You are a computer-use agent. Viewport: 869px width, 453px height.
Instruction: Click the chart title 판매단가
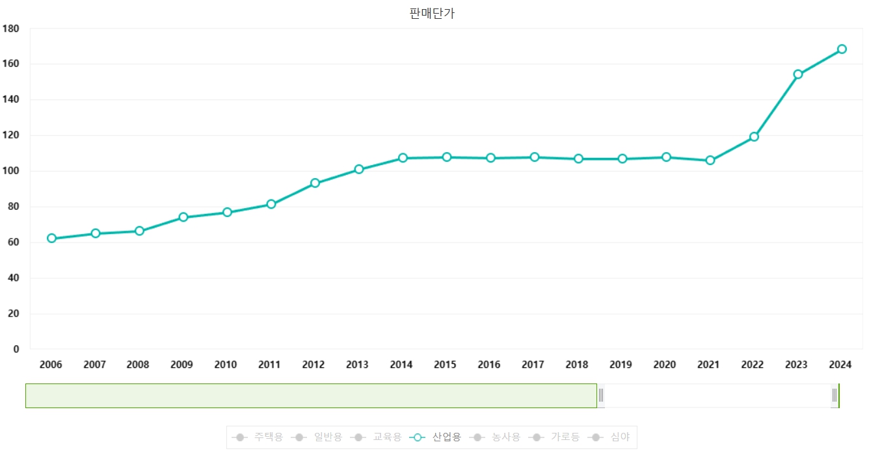[x=432, y=14]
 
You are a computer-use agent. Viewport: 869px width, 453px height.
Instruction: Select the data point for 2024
[x=842, y=49]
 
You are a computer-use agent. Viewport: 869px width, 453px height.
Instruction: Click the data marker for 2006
[x=51, y=239]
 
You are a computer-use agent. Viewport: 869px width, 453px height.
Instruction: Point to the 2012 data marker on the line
[x=315, y=183]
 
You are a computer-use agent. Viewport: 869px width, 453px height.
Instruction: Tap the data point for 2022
[x=754, y=137]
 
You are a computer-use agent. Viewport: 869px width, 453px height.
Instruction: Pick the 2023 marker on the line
[x=798, y=74]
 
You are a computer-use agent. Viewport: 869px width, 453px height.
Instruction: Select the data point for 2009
[x=183, y=217]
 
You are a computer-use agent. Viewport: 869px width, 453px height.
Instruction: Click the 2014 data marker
[x=403, y=158]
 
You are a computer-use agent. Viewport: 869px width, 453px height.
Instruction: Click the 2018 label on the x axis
[x=577, y=365]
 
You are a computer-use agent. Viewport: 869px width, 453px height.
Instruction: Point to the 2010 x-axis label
[x=226, y=365]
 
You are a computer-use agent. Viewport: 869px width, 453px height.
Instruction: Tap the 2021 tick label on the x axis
[x=708, y=365]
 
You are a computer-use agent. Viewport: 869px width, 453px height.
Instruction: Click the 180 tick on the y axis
[x=11, y=29]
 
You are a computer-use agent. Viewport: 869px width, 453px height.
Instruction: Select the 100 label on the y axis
[x=11, y=171]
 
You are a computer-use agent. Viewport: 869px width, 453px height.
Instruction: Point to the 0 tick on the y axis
[x=16, y=349]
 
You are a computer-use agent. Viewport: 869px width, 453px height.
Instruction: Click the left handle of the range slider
[x=601, y=395]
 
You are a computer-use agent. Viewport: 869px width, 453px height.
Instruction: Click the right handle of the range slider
[x=835, y=395]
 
